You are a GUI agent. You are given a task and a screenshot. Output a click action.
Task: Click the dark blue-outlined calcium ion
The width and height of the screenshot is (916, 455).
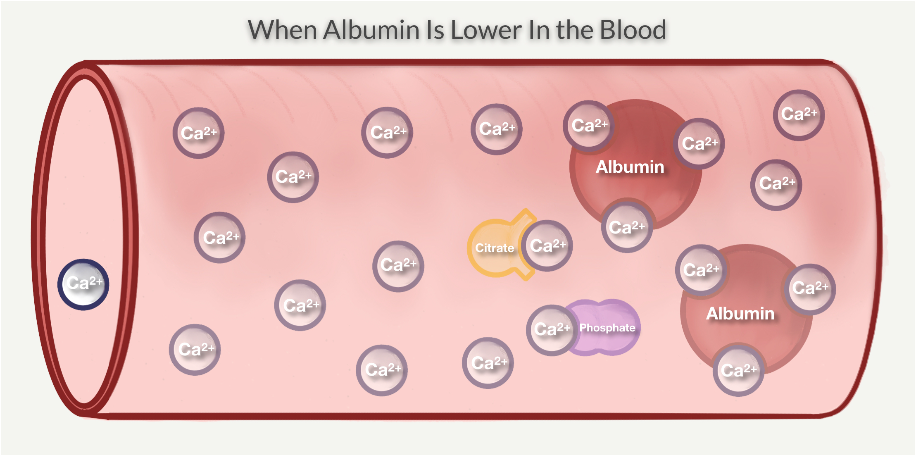point(83,284)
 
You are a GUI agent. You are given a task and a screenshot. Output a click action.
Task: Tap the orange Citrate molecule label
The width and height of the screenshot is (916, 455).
point(495,248)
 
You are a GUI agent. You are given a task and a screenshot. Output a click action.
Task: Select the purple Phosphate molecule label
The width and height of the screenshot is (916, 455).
point(607,328)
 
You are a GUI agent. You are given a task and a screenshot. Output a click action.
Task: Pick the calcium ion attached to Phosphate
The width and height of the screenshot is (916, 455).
point(552,330)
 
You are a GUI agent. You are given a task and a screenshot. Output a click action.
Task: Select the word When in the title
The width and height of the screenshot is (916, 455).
point(283,30)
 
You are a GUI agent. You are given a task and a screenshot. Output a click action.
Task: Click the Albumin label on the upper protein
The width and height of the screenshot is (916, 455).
point(630,167)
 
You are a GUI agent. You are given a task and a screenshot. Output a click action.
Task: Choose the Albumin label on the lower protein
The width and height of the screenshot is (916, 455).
point(740,314)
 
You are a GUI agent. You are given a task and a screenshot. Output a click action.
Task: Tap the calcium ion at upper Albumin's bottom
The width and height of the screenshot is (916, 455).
point(627,227)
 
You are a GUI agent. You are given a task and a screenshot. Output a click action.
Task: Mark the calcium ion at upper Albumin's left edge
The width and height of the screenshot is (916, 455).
point(588,126)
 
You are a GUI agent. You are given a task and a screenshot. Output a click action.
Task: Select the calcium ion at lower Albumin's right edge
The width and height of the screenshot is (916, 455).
point(810,289)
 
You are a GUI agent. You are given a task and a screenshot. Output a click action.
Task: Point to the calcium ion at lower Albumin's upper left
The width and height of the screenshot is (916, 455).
point(701,270)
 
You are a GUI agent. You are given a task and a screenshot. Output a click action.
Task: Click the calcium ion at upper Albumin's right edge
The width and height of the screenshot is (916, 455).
point(699,144)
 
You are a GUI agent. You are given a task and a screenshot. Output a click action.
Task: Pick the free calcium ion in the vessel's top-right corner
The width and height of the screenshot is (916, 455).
point(799,115)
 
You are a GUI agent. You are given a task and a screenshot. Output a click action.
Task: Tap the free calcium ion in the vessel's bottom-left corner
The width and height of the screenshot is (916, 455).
point(195,350)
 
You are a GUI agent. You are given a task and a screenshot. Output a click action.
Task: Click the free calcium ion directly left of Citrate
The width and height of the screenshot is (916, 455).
point(398,266)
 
